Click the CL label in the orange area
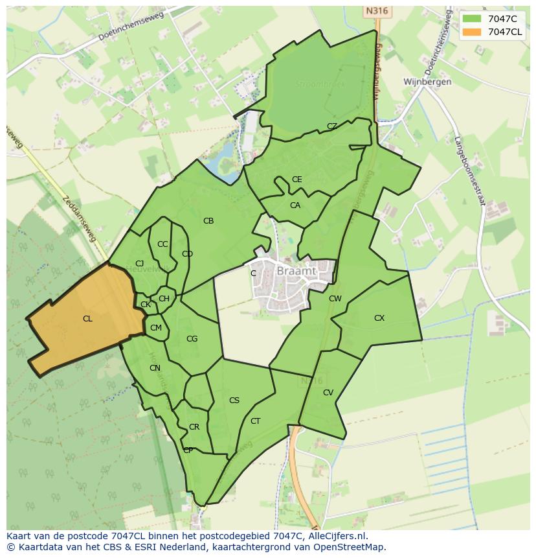point(87,319)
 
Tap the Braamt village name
point(296,272)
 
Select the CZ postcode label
point(332,126)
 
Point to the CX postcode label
point(379,318)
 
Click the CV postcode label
point(328,393)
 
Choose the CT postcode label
point(255,421)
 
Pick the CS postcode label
point(234,401)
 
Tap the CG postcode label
point(192,339)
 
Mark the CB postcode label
point(208,221)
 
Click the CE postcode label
point(296,180)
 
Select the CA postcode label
point(295,205)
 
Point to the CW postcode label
point(335,299)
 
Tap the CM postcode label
point(156,328)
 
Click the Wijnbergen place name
point(427,82)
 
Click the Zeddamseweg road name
point(80,219)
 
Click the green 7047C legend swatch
point(473,18)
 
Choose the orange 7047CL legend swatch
point(473,32)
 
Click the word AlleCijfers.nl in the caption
point(337,536)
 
